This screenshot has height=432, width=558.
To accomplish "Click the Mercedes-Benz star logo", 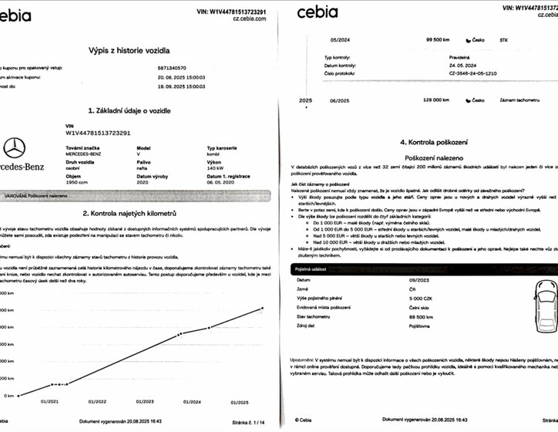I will [x=14, y=149].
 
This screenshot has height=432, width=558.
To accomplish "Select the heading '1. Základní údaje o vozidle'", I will [x=140, y=110].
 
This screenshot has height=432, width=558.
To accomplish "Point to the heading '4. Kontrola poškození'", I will [x=429, y=142].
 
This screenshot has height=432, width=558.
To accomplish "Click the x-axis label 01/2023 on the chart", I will [x=145, y=402].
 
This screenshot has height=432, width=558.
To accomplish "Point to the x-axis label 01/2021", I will [x=51, y=402].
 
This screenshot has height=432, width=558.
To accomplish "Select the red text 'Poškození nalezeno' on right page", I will [x=428, y=157].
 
